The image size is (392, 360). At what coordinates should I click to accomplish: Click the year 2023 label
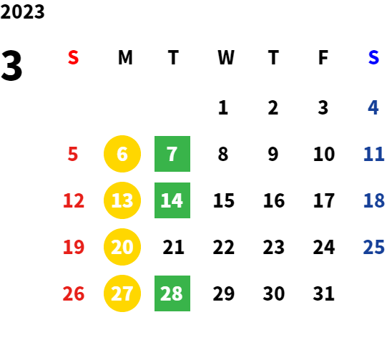point(22,11)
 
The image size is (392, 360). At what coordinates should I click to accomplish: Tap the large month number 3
point(11,65)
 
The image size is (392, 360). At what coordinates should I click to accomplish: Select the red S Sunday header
point(73,57)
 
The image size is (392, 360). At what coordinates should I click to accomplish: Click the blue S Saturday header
point(373,57)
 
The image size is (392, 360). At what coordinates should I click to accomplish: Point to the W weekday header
point(226,57)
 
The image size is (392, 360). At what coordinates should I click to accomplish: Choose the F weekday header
point(323,57)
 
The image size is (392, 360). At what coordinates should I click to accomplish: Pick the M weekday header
point(125,57)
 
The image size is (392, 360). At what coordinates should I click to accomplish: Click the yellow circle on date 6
point(122,154)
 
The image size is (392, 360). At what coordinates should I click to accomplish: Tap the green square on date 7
point(172,154)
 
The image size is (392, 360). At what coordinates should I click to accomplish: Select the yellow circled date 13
point(122,200)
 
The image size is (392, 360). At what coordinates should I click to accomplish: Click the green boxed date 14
point(172,200)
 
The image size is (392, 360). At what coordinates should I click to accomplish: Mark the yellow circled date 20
point(122,247)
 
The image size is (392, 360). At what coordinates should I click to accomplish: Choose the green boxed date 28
point(172,293)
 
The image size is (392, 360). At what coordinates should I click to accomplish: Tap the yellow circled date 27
point(122,293)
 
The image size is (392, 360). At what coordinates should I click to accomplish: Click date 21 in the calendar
point(174,247)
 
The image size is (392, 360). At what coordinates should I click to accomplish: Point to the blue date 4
point(373,107)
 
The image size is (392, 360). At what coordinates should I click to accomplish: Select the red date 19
point(74,247)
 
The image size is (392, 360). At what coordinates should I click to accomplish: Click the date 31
point(323,293)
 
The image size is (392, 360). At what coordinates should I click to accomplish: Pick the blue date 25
point(373,247)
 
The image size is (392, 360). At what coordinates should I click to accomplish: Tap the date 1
point(223,107)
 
